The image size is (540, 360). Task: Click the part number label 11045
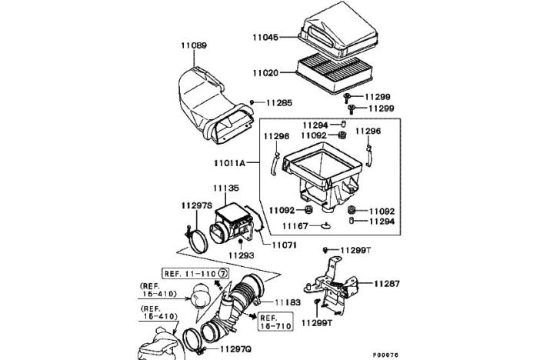click(x=265, y=37)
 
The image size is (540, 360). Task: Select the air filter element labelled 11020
click(x=335, y=75)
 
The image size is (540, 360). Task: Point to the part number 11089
click(x=194, y=45)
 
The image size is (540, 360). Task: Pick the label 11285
click(x=279, y=102)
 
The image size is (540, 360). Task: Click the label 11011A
click(x=229, y=162)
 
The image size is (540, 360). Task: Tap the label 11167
click(x=295, y=226)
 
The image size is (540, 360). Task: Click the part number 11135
click(x=226, y=188)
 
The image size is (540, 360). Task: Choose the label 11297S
click(x=197, y=205)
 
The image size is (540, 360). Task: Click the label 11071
click(x=284, y=245)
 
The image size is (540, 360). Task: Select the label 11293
click(x=242, y=255)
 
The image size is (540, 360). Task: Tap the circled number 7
click(x=223, y=274)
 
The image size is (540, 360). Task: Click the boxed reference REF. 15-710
click(x=276, y=322)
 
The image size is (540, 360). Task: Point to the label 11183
click(x=288, y=302)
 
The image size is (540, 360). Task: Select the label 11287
click(x=387, y=284)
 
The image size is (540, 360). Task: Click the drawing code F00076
click(x=385, y=355)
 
